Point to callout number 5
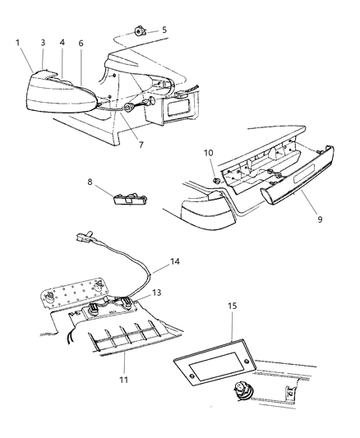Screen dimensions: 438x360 [x=163, y=30]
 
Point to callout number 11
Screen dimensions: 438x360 [x=126, y=357]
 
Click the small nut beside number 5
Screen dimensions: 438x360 [x=141, y=30]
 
